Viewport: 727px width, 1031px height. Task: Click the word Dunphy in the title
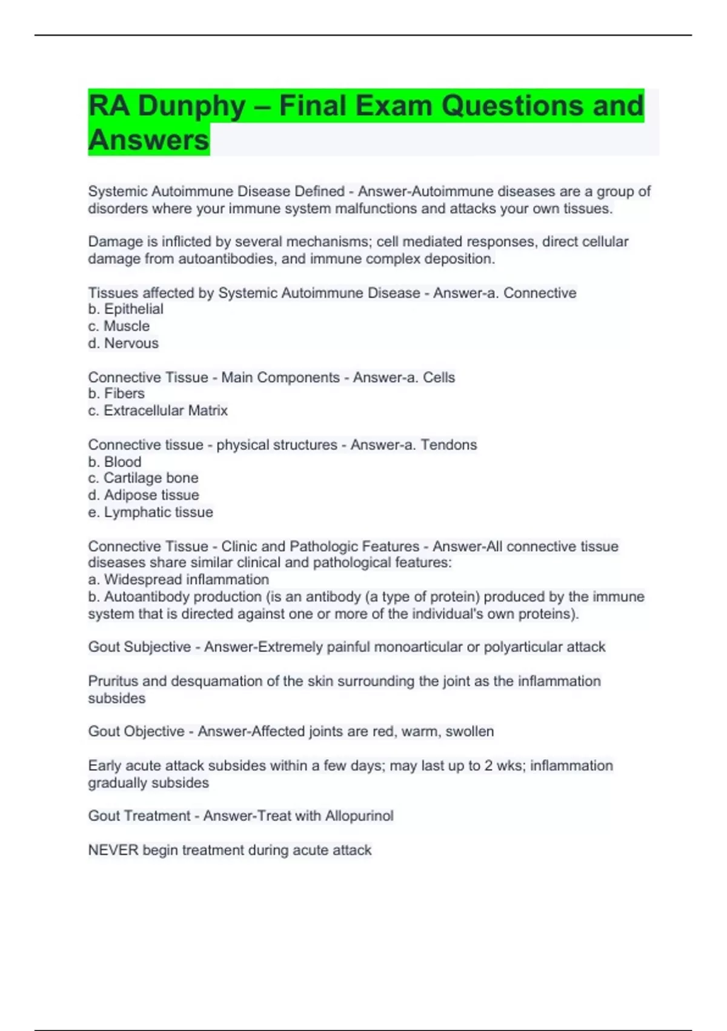(x=191, y=106)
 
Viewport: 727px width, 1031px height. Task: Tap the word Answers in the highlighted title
(x=148, y=140)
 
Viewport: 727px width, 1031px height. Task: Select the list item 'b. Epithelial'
(x=126, y=309)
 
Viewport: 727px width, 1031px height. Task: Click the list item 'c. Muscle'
(x=119, y=326)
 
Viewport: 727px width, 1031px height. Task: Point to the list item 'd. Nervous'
(x=124, y=343)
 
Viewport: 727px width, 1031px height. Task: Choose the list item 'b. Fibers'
(x=116, y=394)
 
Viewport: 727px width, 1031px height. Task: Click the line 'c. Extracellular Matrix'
(x=158, y=411)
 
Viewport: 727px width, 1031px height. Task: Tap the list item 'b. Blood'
(x=115, y=462)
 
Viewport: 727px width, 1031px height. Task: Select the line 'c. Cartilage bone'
(x=144, y=478)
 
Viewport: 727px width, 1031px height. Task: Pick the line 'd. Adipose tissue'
(x=144, y=495)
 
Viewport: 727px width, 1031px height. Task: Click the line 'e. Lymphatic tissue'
(x=151, y=512)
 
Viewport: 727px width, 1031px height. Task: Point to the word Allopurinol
(x=359, y=816)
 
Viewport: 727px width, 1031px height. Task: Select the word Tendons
(x=449, y=445)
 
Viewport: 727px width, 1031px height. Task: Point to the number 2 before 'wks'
(x=488, y=766)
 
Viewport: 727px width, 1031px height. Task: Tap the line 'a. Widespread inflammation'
(x=179, y=580)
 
